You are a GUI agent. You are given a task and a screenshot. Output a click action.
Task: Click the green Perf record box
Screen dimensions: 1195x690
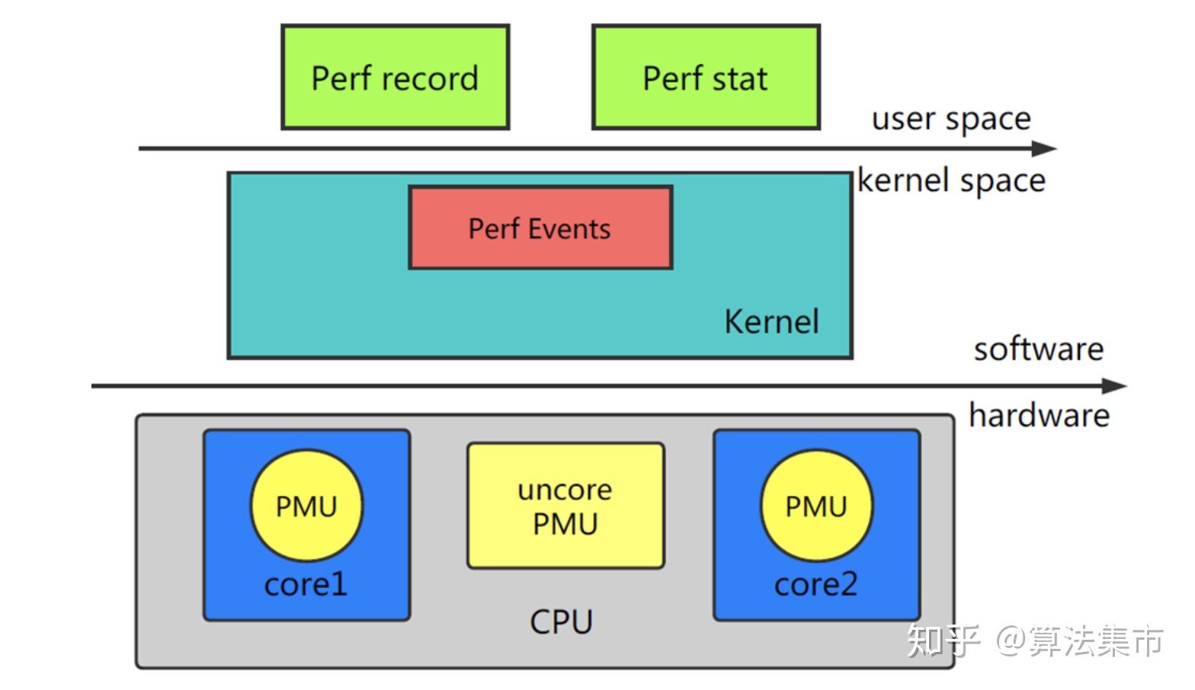[396, 77]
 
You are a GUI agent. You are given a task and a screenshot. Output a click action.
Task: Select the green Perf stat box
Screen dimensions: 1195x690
[706, 77]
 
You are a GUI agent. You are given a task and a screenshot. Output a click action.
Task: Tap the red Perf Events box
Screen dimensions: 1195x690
[540, 228]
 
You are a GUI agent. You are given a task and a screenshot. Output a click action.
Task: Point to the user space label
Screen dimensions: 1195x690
[951, 118]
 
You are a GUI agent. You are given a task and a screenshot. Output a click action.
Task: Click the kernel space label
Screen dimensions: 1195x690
[951, 180]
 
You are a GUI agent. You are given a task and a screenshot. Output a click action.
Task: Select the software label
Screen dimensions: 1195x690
[1039, 350]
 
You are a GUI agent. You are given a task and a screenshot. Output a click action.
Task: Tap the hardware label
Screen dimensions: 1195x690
[1040, 415]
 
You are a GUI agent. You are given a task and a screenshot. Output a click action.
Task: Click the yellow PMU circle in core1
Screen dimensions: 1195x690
[306, 506]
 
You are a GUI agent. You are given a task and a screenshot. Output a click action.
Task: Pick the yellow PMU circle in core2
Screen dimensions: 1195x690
[816, 506]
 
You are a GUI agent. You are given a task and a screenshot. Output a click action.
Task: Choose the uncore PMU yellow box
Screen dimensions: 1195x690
[565, 506]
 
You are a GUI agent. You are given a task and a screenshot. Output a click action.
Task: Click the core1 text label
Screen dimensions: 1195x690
[306, 584]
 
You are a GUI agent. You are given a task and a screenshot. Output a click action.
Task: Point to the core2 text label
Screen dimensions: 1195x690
[815, 584]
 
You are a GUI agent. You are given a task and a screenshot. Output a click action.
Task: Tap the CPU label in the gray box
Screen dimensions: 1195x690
[561, 621]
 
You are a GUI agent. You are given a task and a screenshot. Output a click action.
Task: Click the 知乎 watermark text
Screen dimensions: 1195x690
[944, 640]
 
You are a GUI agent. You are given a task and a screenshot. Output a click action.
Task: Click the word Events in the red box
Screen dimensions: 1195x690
[569, 228]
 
